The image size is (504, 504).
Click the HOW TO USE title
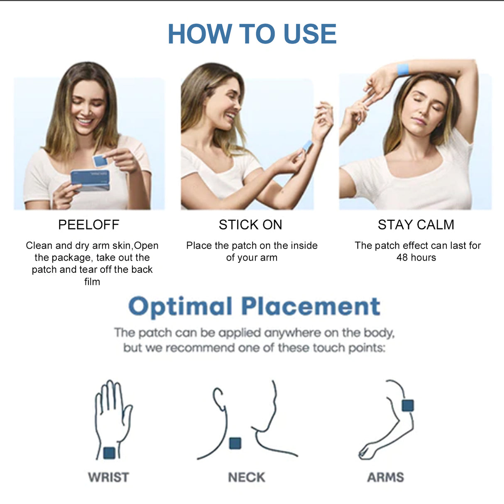pyautogui.click(x=252, y=34)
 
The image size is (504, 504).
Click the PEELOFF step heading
pyautogui.click(x=88, y=225)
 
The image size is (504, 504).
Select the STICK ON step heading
pyautogui.click(x=250, y=225)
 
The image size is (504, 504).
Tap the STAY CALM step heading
pyautogui.click(x=416, y=225)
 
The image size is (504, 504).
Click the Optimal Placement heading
pyautogui.click(x=254, y=307)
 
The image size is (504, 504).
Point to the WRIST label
pyautogui.click(x=108, y=477)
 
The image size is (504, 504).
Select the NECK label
pyautogui.click(x=246, y=477)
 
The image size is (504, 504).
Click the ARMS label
pyautogui.click(x=385, y=477)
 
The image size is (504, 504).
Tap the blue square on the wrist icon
pyautogui.click(x=109, y=453)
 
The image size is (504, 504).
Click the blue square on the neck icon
pyautogui.click(x=235, y=443)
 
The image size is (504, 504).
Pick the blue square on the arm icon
pyautogui.click(x=408, y=405)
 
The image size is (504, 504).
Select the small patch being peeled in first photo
pyautogui.click(x=100, y=161)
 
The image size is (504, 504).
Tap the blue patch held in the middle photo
pyautogui.click(x=307, y=146)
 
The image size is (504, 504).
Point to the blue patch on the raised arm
pyautogui.click(x=403, y=69)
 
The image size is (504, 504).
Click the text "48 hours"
pyautogui.click(x=416, y=257)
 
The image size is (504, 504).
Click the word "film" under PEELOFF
pyautogui.click(x=92, y=282)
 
